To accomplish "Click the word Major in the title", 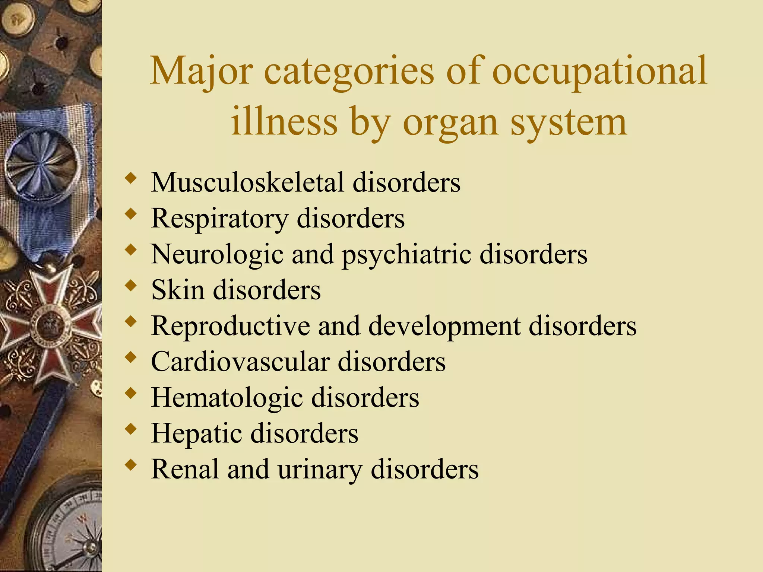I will click(202, 71).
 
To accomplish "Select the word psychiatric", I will click(406, 255).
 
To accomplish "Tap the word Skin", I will click(178, 290).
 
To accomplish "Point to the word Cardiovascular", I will click(240, 362).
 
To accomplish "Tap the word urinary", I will click(320, 469).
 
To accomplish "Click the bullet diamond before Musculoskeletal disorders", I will click(130, 178).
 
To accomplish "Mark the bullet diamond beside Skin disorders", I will click(130, 286).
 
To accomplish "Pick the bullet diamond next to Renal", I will click(130, 465).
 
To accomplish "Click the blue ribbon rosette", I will click(43, 164).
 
